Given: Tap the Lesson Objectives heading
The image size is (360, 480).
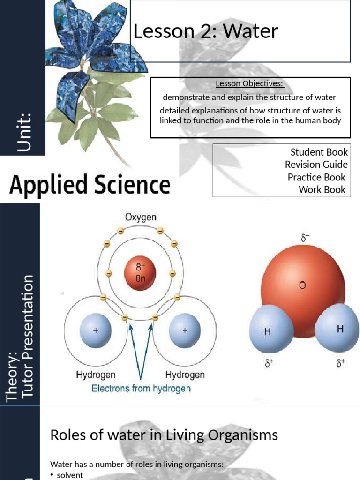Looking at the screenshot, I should click(x=250, y=84).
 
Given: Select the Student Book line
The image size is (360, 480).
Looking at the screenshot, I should click(x=319, y=152).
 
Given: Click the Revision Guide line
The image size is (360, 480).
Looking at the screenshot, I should click(x=316, y=165).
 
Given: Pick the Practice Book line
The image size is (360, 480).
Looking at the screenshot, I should click(x=316, y=177).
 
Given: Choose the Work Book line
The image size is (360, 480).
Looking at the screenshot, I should click(x=322, y=189).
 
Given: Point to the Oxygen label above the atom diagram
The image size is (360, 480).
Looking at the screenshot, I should click(x=141, y=217).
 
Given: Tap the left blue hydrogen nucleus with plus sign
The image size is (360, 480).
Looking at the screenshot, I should click(x=96, y=330).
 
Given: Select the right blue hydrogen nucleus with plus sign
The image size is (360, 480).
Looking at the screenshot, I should click(x=185, y=330).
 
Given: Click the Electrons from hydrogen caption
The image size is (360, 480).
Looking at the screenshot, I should click(x=141, y=388).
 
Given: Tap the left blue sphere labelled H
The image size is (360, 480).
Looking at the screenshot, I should click(x=269, y=331).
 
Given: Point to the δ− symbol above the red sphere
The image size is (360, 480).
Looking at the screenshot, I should click(x=306, y=238).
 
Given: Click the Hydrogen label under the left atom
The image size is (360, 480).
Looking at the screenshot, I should click(x=96, y=375).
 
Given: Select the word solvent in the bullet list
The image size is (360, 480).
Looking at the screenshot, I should click(x=70, y=475).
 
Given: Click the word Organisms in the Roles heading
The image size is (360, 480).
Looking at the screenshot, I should click(x=241, y=435).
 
